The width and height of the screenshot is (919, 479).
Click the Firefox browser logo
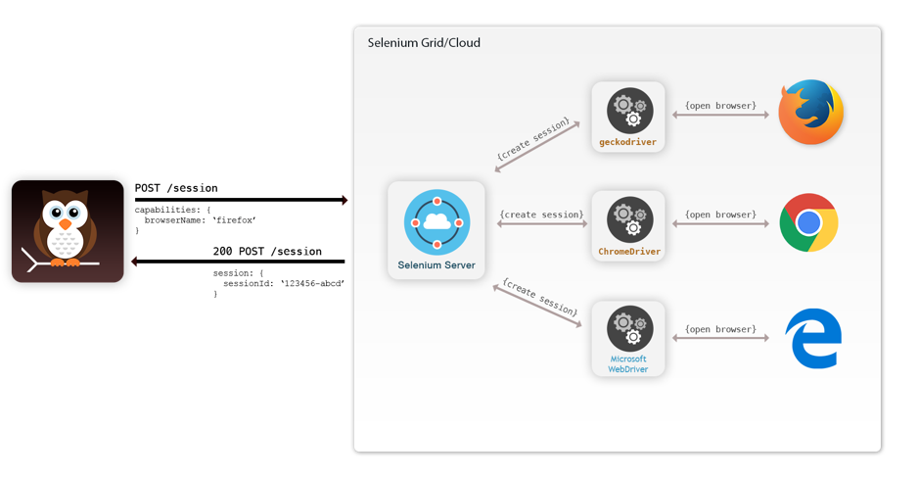(810, 113)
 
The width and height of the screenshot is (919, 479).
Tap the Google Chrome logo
(808, 223)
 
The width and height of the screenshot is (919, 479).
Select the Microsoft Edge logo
(813, 338)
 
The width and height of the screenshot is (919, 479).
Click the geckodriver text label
(628, 142)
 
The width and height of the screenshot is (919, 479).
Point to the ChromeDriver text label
(629, 252)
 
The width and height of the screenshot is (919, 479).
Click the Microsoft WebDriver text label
(628, 363)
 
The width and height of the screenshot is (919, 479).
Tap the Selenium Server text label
(437, 265)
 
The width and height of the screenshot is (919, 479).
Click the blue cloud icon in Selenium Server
(437, 222)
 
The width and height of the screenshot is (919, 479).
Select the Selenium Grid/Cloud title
(424, 43)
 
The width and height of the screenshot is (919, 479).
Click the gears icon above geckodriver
(629, 109)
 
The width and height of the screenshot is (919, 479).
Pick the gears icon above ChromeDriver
(629, 218)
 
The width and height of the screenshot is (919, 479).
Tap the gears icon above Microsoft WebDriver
(629, 327)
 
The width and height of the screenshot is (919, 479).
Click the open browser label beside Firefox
(720, 105)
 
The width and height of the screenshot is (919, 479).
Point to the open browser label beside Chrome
(720, 215)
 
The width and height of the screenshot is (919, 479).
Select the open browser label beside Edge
(720, 329)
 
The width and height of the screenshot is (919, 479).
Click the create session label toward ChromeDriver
(541, 215)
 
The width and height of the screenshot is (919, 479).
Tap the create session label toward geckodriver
(532, 140)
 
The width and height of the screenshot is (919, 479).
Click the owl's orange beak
(65, 224)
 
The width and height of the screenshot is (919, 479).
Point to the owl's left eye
(56, 212)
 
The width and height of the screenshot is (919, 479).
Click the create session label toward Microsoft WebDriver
(539, 297)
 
